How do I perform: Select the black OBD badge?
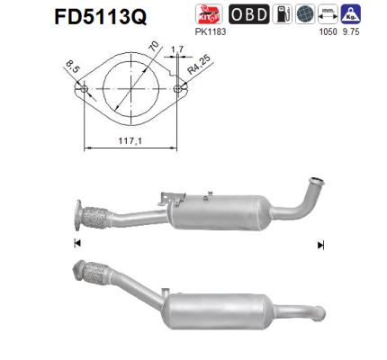coord(249,14)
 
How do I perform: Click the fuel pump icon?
coord(282,14)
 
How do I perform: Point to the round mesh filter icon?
coord(303,14)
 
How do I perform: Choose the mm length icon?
coord(327,14)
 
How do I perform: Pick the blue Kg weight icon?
coord(351,14)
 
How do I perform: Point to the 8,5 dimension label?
coord(72,66)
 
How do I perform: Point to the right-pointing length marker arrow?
coord(320,245)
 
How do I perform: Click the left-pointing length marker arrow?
coord(77,245)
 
